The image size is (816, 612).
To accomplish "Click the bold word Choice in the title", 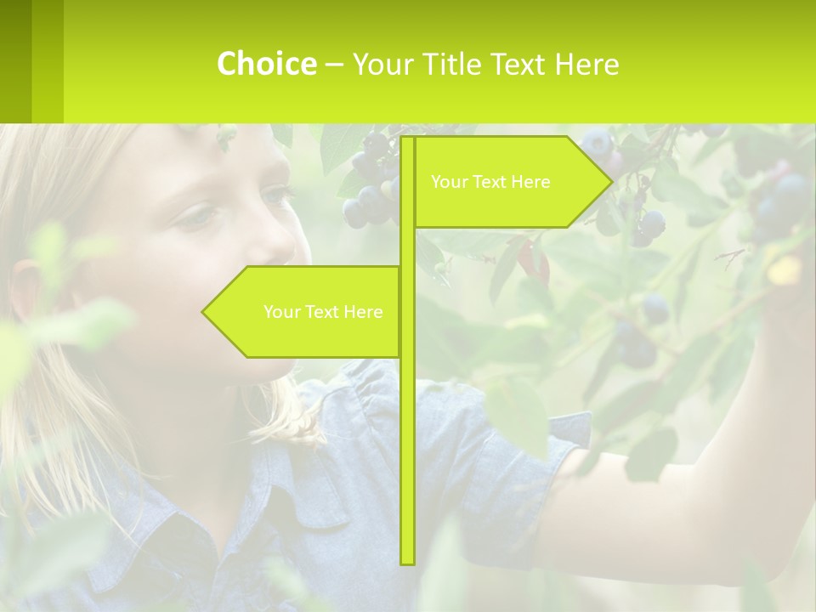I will (x=266, y=64).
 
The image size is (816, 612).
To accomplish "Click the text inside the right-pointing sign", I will (x=490, y=182).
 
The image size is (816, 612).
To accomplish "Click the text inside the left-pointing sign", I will (x=323, y=312).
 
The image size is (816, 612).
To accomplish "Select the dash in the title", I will (x=334, y=65).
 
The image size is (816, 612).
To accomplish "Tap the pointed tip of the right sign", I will (x=609, y=182).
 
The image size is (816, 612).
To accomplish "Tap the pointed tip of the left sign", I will (x=205, y=312).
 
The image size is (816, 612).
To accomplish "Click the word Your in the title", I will (x=381, y=64).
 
